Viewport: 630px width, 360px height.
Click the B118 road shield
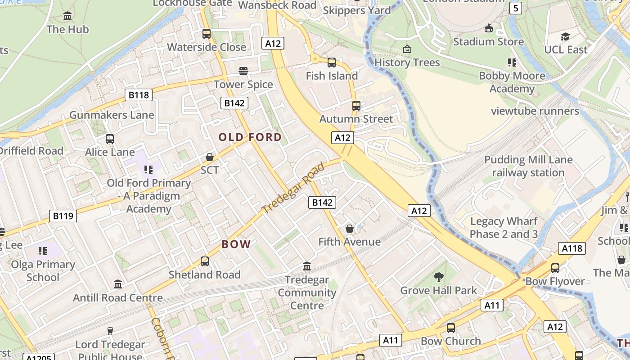tap(139, 95)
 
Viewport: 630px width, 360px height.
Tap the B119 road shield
tap(63, 216)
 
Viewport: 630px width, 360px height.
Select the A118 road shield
tap(572, 248)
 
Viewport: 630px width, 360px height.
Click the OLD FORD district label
tap(250, 137)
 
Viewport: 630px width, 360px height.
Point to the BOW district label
tap(236, 244)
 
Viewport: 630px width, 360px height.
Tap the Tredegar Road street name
tap(293, 188)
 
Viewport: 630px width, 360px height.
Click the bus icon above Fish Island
tap(332, 63)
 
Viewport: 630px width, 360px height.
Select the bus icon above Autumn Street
tap(356, 106)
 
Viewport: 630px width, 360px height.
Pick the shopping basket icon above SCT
tap(210, 157)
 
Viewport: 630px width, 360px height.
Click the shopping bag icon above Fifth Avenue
tap(350, 229)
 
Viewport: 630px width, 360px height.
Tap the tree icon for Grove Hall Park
tap(439, 277)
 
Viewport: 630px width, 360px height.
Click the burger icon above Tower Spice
tap(243, 71)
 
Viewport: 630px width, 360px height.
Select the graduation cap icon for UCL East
tap(566, 36)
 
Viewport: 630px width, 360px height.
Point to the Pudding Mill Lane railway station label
tap(528, 166)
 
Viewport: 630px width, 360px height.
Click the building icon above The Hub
tap(68, 16)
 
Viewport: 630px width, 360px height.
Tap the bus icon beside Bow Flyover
tap(555, 268)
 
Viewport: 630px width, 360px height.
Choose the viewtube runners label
tap(535, 111)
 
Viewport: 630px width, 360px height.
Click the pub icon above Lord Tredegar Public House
tap(110, 331)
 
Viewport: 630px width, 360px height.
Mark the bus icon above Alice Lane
tap(110, 139)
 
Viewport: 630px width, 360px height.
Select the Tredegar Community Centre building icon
tap(307, 266)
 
